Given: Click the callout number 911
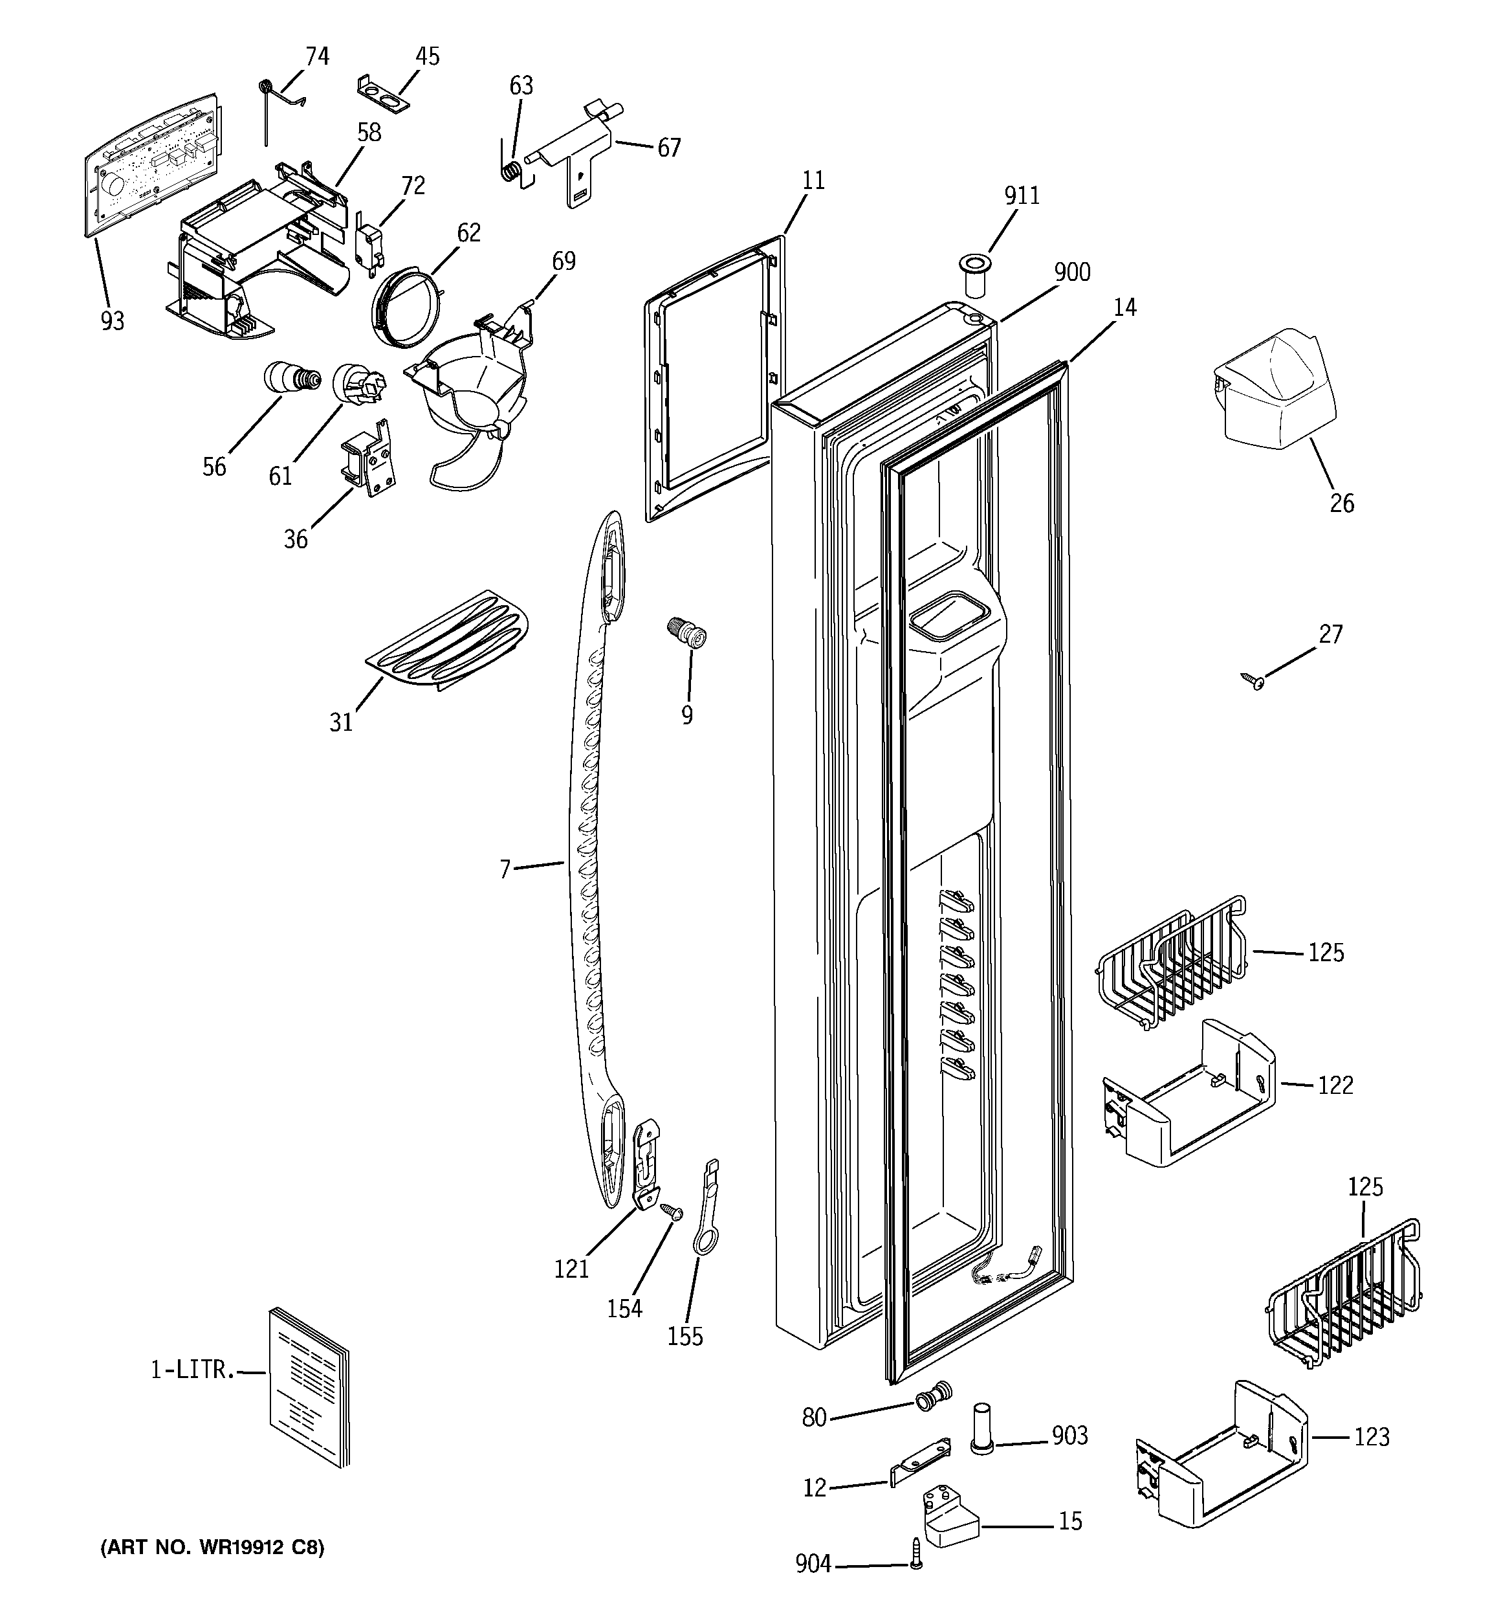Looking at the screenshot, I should click(1022, 196).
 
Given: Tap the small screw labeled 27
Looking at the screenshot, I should click(1254, 682).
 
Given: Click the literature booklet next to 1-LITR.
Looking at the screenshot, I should click(309, 1385).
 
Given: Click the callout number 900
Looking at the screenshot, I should click(1072, 273).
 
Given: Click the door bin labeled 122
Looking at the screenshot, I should click(1188, 1096).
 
